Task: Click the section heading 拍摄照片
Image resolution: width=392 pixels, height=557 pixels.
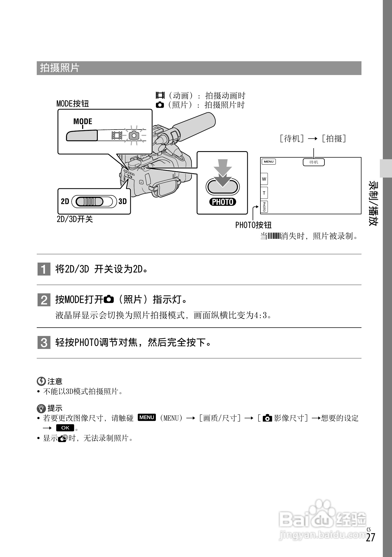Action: pyautogui.click(x=60, y=68)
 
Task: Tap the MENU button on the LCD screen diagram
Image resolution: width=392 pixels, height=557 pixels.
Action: pyautogui.click(x=269, y=162)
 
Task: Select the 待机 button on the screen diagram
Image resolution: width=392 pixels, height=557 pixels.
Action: pyautogui.click(x=314, y=162)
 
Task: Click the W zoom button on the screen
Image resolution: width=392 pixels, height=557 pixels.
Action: pyautogui.click(x=264, y=179)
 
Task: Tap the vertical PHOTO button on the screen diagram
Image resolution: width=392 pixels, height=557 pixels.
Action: pyautogui.click(x=264, y=207)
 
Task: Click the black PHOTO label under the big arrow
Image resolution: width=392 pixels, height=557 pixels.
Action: pyautogui.click(x=223, y=202)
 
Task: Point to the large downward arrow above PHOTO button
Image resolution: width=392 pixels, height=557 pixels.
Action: pyautogui.click(x=223, y=173)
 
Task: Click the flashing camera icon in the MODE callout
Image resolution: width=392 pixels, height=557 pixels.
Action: pyautogui.click(x=134, y=135)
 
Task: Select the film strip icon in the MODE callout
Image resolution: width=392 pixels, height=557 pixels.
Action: pyautogui.click(x=117, y=135)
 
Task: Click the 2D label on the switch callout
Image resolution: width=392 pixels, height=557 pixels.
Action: pyautogui.click(x=65, y=201)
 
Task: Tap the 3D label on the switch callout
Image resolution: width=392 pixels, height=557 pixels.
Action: pyautogui.click(x=122, y=201)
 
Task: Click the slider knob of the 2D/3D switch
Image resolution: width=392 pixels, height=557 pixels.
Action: pyautogui.click(x=89, y=201)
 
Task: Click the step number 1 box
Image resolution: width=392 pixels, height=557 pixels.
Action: pyautogui.click(x=44, y=269)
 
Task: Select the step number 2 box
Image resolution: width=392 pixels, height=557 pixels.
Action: pyautogui.click(x=44, y=300)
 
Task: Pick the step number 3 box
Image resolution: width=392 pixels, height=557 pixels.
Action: pyautogui.click(x=44, y=343)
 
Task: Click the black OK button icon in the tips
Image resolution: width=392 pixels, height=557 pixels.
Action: pyautogui.click(x=65, y=428)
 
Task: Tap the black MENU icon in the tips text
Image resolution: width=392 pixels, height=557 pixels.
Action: pyautogui.click(x=147, y=417)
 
